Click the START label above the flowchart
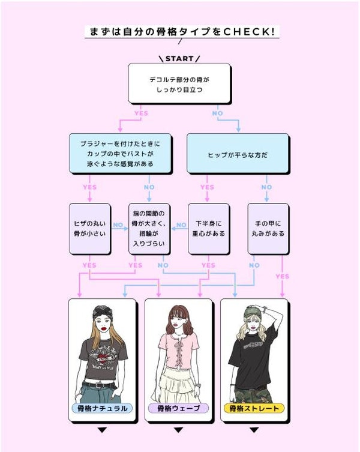tap(179, 59)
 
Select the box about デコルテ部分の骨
tap(179, 83)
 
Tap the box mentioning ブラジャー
tap(120, 154)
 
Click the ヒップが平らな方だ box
tap(239, 154)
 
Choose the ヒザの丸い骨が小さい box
tap(89, 228)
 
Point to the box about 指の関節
tap(149, 228)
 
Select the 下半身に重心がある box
tap(209, 228)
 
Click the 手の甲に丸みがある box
tap(268, 228)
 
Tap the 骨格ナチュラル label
tap(103, 409)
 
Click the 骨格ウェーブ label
tap(178, 409)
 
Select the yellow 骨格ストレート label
tap(255, 409)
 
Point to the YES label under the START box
tap(141, 113)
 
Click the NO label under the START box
tap(217, 113)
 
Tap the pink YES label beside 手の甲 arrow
tap(282, 277)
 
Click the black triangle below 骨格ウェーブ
tap(178, 430)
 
